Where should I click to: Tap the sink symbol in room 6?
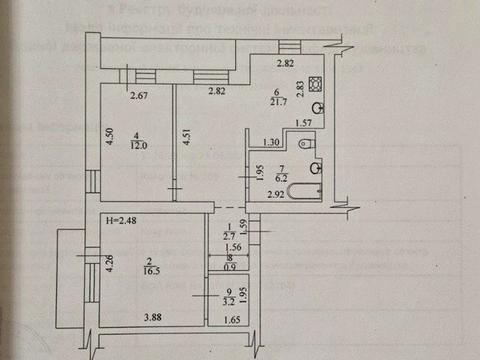point(317,108)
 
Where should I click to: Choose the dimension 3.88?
point(152,318)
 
